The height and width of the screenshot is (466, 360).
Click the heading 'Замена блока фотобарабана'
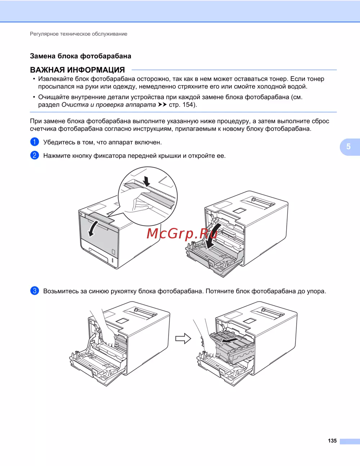[x=81, y=56]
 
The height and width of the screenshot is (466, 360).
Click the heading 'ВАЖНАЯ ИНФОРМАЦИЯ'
[x=77, y=70]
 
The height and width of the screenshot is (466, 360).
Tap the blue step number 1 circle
[x=35, y=142]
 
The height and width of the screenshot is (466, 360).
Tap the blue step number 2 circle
[x=35, y=155]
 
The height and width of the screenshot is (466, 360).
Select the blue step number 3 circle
[x=35, y=291]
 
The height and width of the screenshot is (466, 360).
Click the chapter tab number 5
[x=348, y=147]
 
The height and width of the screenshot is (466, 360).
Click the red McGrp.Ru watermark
[x=182, y=234]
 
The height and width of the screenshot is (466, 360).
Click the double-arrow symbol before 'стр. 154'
[x=162, y=105]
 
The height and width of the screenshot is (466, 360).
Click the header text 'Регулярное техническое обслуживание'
[x=78, y=34]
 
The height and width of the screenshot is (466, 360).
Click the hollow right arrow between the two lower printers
[x=183, y=339]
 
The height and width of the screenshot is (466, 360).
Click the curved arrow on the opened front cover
[x=212, y=236]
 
